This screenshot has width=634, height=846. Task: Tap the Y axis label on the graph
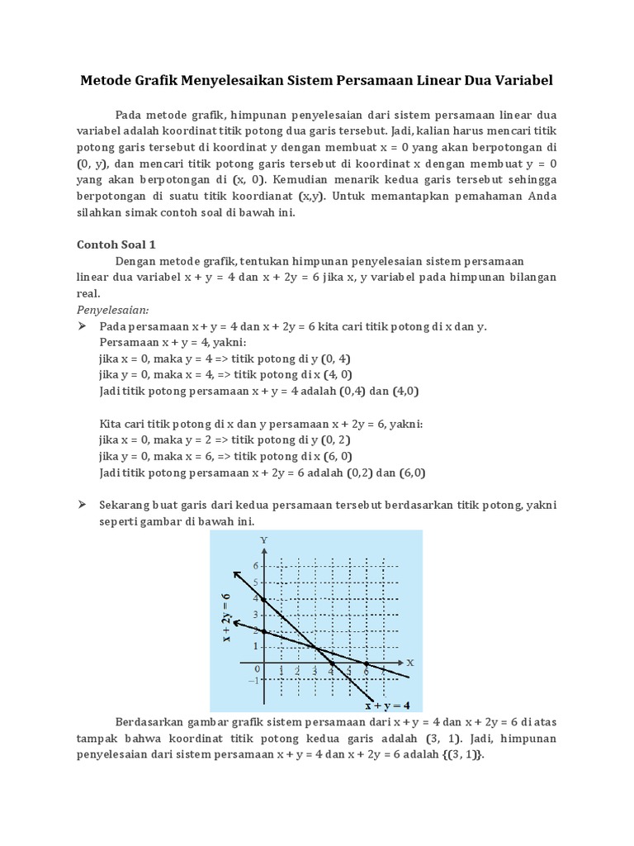click(x=264, y=539)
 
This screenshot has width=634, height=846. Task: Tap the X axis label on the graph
click(x=409, y=663)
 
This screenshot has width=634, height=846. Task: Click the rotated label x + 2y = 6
click(x=225, y=616)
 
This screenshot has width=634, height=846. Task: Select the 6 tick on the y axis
click(x=256, y=566)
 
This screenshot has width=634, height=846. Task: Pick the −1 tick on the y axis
click(x=253, y=679)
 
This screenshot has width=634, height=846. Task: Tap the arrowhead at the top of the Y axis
click(x=264, y=551)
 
